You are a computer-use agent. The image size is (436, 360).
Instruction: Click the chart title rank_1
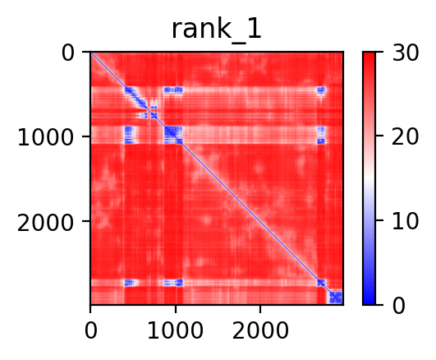tap(216, 30)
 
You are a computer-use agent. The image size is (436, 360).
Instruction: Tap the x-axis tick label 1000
tap(175, 330)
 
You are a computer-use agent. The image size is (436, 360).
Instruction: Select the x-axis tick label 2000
tap(260, 330)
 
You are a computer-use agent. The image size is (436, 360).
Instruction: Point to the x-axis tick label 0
tap(91, 330)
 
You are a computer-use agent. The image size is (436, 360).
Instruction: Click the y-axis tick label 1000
tap(46, 136)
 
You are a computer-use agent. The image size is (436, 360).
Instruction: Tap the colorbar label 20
tap(405, 136)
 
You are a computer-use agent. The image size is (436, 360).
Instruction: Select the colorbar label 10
tap(405, 221)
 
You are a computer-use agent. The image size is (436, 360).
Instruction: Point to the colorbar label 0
tap(399, 306)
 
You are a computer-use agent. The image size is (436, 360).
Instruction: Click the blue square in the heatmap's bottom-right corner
tap(336, 297)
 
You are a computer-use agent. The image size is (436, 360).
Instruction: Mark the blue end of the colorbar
tap(369, 302)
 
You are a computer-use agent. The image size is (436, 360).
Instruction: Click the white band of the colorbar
tap(369, 178)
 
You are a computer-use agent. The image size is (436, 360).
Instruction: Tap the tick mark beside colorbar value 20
tap(379, 136)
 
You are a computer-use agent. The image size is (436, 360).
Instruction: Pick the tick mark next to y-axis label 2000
tap(86, 221)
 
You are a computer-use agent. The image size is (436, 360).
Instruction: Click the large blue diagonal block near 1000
tap(173, 135)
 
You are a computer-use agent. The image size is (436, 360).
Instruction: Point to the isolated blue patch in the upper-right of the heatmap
tap(321, 90)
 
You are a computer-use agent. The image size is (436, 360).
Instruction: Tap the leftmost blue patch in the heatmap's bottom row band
tap(130, 283)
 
